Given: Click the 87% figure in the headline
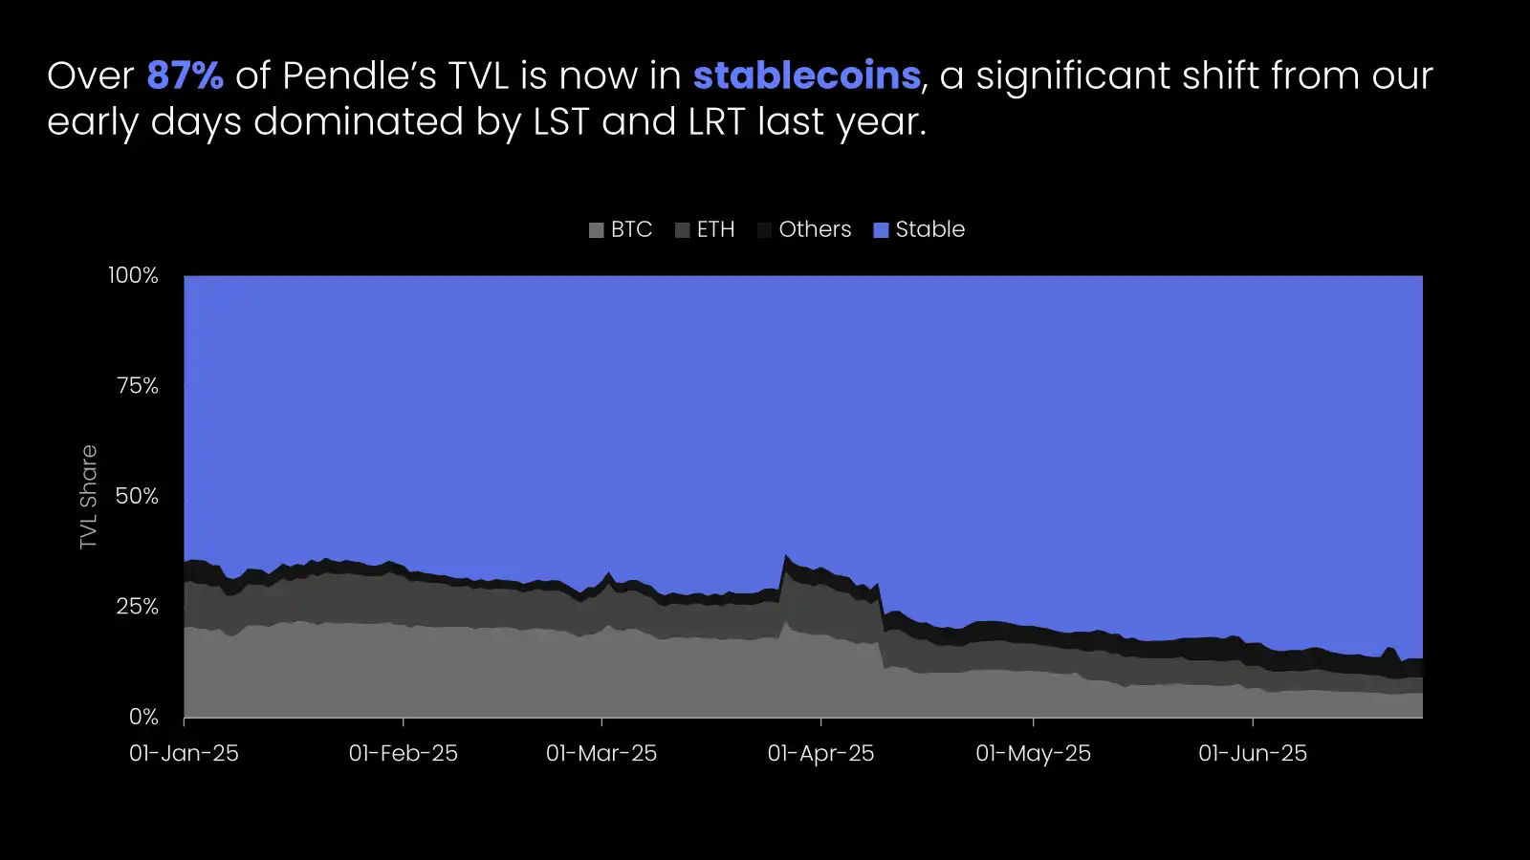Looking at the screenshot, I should pyautogui.click(x=185, y=75).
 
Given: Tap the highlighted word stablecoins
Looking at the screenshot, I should pyautogui.click(x=806, y=75).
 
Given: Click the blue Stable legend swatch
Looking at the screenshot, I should pyautogui.click(x=881, y=230).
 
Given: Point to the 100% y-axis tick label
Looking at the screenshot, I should pyautogui.click(x=133, y=275).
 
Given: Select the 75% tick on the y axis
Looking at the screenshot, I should pyautogui.click(x=137, y=385).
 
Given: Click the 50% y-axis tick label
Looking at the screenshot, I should pyautogui.click(x=137, y=496).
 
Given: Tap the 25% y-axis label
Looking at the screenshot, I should pyautogui.click(x=137, y=606).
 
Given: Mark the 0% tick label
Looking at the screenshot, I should pyautogui.click(x=143, y=717).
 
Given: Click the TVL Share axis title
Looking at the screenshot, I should pyautogui.click(x=89, y=497).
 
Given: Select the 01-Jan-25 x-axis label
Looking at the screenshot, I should pyautogui.click(x=184, y=753).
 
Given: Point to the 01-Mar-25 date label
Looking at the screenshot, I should pyautogui.click(x=601, y=753).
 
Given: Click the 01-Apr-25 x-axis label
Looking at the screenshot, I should pyautogui.click(x=820, y=753).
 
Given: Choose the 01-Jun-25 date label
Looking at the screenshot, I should pyautogui.click(x=1253, y=753).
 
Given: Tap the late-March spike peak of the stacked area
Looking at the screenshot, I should pyautogui.click(x=786, y=556).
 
